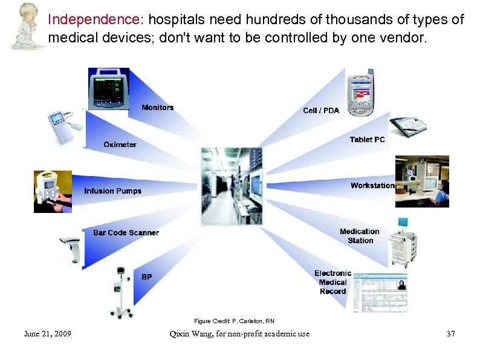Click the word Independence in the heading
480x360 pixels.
click(93, 19)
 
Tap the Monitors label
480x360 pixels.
click(157, 108)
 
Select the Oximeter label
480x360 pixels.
click(120, 145)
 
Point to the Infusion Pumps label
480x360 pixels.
click(112, 191)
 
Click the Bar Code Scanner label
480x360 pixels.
click(126, 233)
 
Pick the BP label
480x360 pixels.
click(147, 277)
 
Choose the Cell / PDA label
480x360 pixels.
click(321, 110)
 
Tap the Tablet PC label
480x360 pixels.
click(367, 140)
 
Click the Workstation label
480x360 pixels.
click(372, 185)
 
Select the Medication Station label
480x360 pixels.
click(360, 236)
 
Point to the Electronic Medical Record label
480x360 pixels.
click(332, 282)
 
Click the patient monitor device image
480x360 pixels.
click(109, 88)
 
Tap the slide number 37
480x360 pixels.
click(450, 333)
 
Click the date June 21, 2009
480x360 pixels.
click(47, 333)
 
